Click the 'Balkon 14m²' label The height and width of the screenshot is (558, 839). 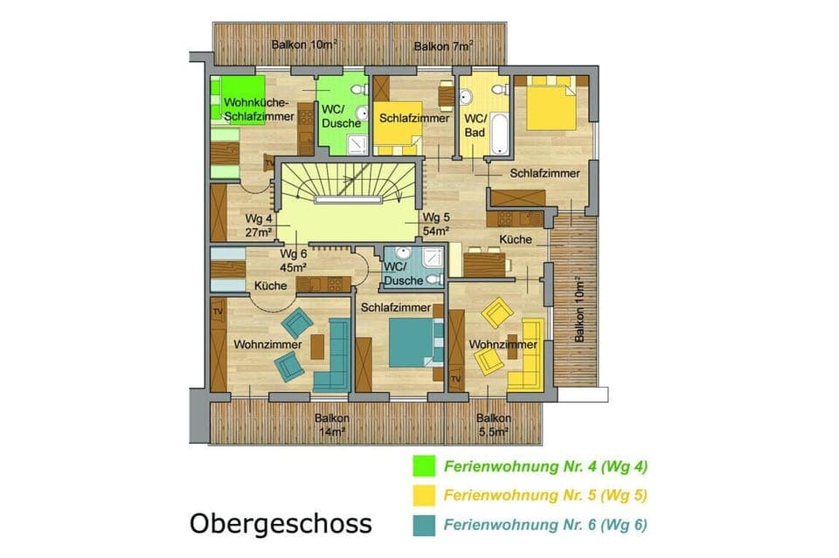pos(332,424)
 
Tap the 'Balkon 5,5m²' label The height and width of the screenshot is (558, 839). pos(494,424)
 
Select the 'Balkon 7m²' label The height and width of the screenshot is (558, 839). pos(443,45)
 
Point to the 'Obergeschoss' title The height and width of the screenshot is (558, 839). pos(281,524)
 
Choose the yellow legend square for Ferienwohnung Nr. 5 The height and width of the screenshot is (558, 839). pos(423,494)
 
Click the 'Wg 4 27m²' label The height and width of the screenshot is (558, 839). pos(259,224)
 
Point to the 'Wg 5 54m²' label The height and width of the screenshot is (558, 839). pos(435,224)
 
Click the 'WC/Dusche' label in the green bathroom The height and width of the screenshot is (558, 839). pos(340,116)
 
